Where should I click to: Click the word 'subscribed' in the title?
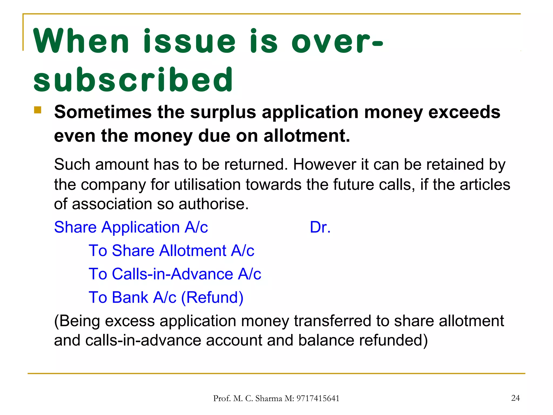click(133, 80)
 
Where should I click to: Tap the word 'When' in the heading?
click(81, 41)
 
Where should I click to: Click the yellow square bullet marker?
click(38, 110)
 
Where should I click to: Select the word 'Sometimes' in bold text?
click(103, 112)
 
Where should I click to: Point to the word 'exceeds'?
click(464, 112)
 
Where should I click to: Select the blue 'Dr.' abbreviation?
click(320, 227)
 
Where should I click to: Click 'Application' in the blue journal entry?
click(140, 227)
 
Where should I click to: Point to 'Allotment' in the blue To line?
click(193, 250)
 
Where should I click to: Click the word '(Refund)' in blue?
click(212, 297)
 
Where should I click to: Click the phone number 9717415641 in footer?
click(318, 399)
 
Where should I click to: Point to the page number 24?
click(515, 398)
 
